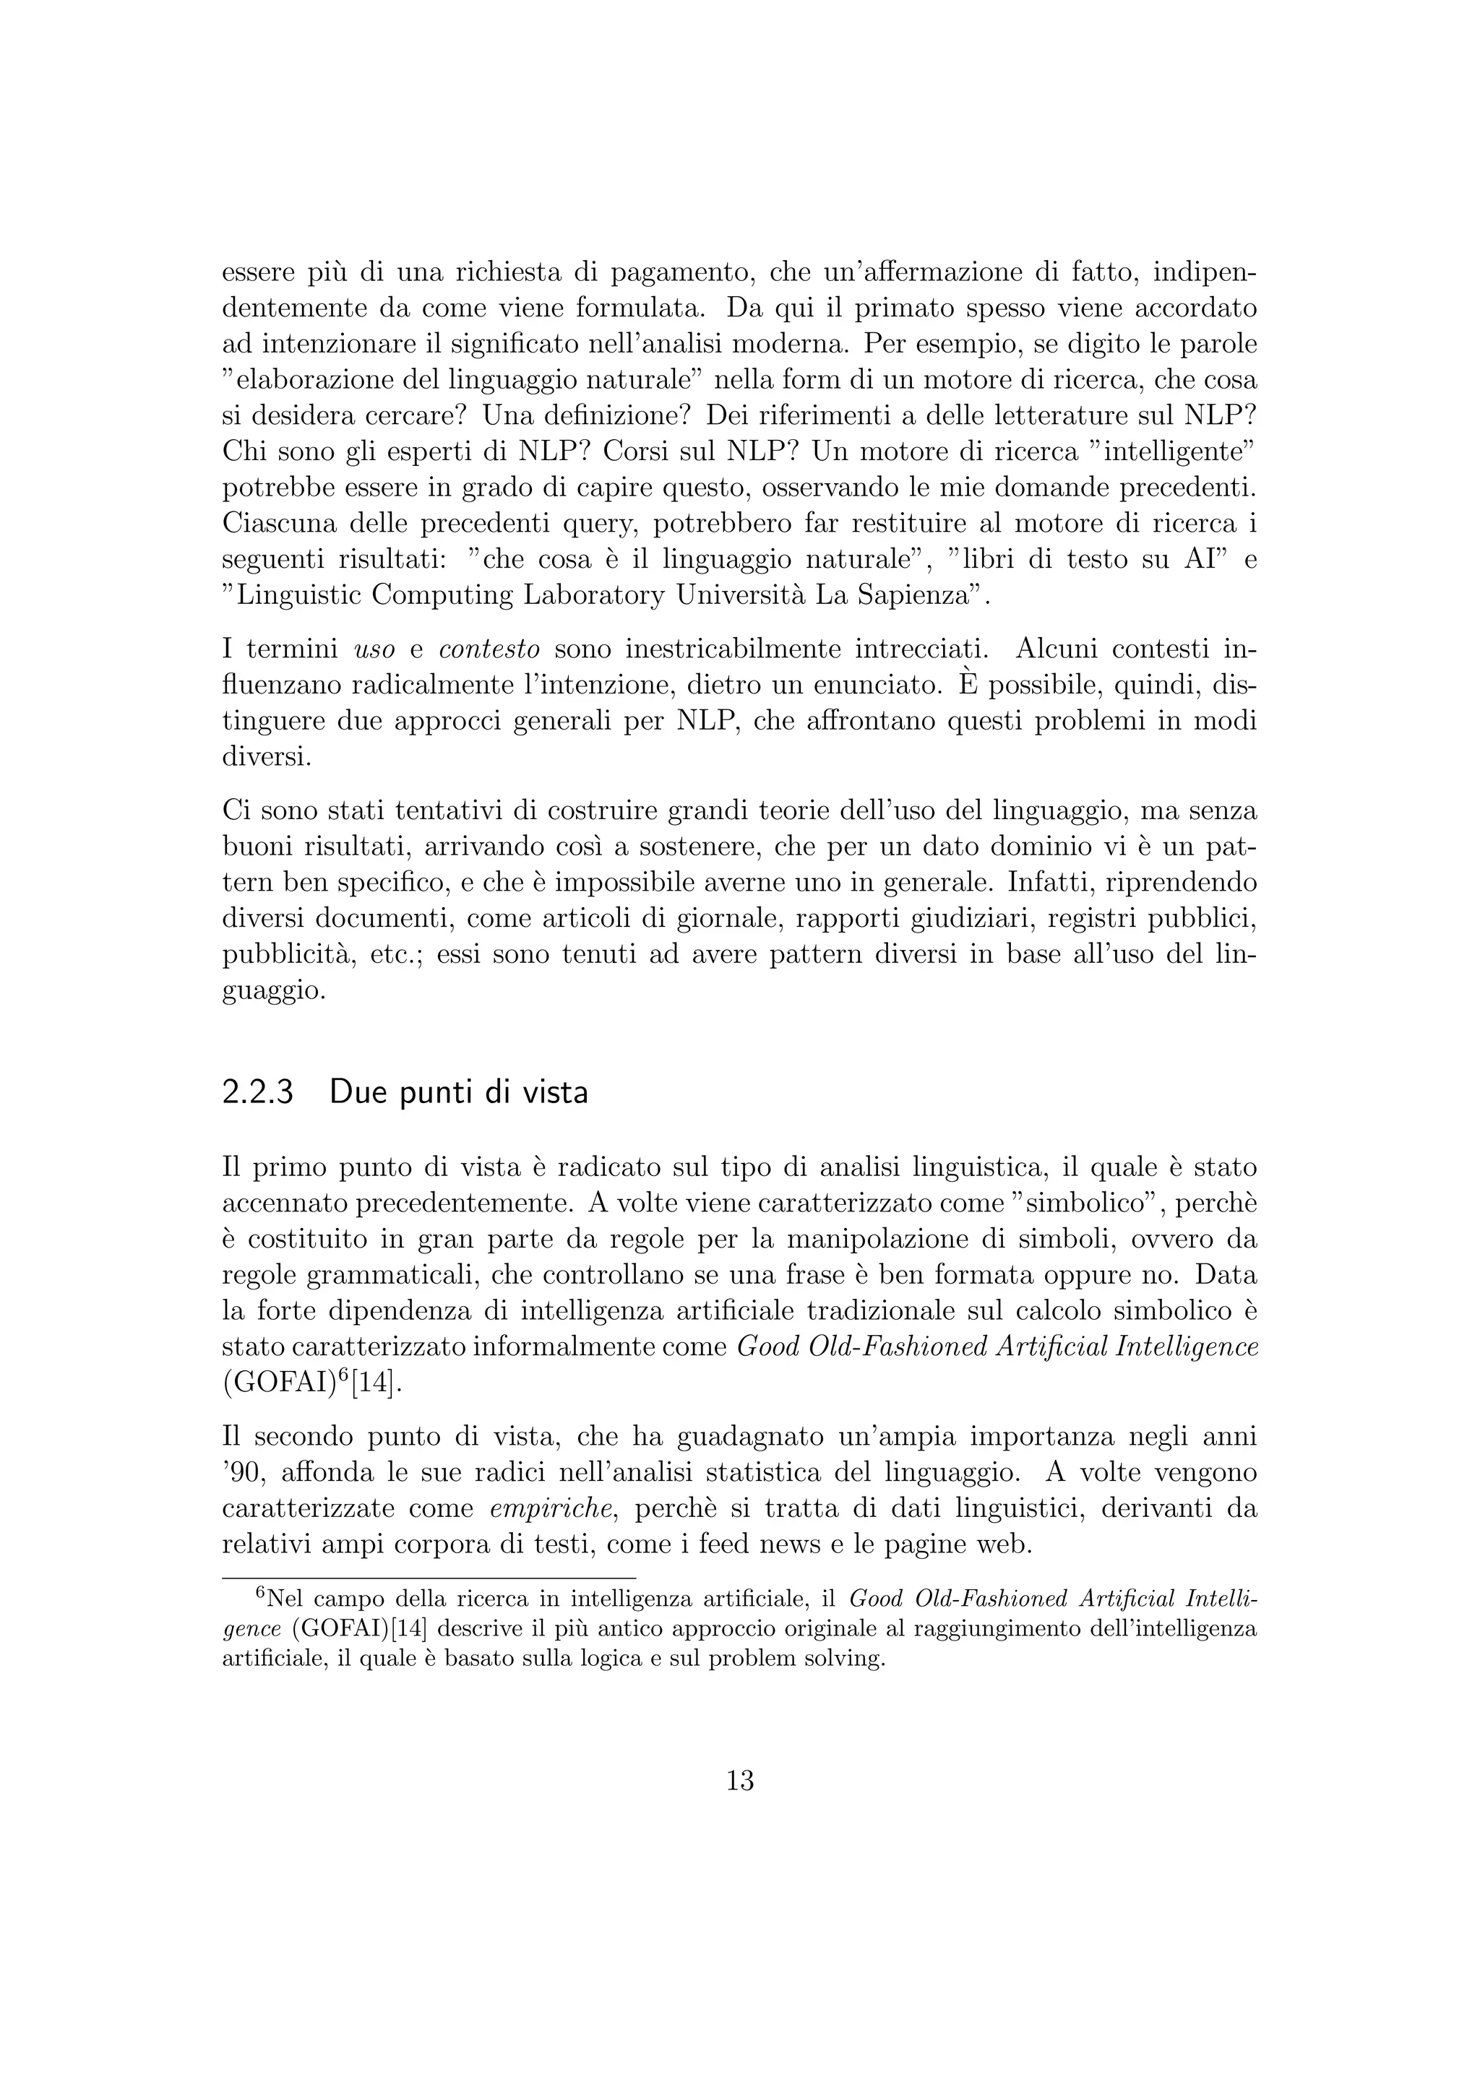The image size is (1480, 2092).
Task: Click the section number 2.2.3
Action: coord(258,1092)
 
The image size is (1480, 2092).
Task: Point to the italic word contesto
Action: coord(489,649)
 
